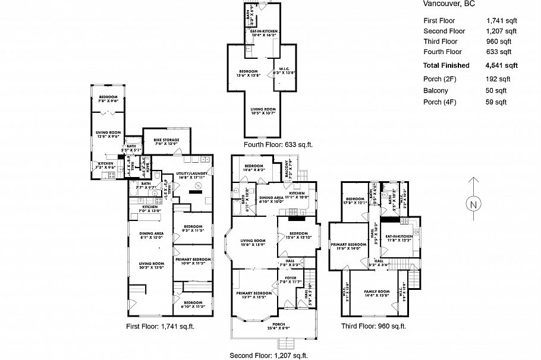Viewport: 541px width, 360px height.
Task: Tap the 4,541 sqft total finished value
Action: point(502,65)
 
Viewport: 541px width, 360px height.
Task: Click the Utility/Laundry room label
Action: point(190,175)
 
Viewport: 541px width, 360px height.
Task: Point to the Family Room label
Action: point(376,292)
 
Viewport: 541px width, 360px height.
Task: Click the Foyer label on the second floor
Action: point(291,278)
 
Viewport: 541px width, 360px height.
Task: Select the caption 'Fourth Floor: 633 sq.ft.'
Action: point(278,144)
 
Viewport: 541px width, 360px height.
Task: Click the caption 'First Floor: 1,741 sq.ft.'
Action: point(161,327)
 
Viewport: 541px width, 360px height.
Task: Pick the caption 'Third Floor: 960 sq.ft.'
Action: point(373,327)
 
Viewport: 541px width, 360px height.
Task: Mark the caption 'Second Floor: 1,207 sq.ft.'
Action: point(269,355)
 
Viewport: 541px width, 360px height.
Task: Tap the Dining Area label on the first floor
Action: point(152,233)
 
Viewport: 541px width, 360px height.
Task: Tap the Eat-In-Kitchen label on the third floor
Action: point(399,237)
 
